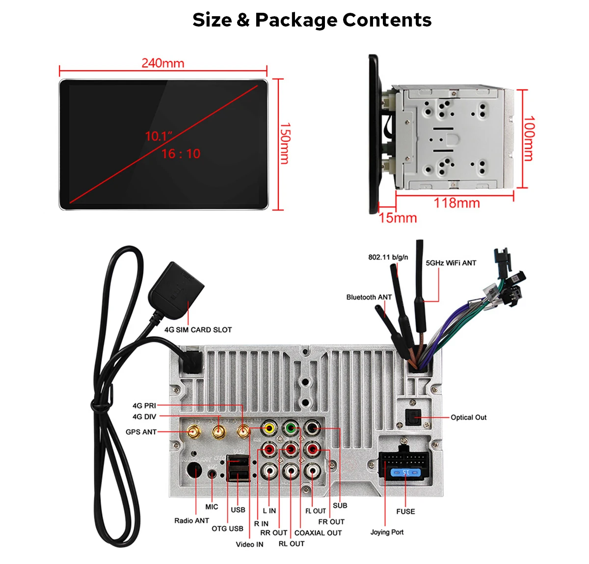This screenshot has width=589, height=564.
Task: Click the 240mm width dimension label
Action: click(x=163, y=63)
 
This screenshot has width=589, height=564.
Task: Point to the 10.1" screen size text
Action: click(x=159, y=136)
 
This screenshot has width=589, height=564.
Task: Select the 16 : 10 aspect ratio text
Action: click(x=181, y=154)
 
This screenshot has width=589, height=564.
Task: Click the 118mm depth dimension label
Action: click(x=456, y=203)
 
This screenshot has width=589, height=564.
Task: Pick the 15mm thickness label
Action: click(x=398, y=218)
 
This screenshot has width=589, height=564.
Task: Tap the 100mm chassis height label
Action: click(x=529, y=139)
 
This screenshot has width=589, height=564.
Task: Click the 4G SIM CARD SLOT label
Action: click(x=198, y=330)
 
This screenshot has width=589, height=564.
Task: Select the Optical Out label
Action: click(x=468, y=418)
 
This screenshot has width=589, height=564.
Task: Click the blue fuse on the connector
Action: click(x=405, y=473)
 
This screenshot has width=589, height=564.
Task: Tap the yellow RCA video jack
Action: click(x=269, y=427)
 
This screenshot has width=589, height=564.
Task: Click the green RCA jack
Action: click(x=291, y=427)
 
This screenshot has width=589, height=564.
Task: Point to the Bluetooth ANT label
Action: click(x=369, y=297)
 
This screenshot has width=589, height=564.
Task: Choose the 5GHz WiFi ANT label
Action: click(x=451, y=263)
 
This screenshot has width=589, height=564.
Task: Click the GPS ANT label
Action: click(x=141, y=432)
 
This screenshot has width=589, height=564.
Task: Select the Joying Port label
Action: click(x=387, y=532)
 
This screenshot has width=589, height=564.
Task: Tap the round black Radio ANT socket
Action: click(x=195, y=472)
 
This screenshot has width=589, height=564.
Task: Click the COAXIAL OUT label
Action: click(x=318, y=533)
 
